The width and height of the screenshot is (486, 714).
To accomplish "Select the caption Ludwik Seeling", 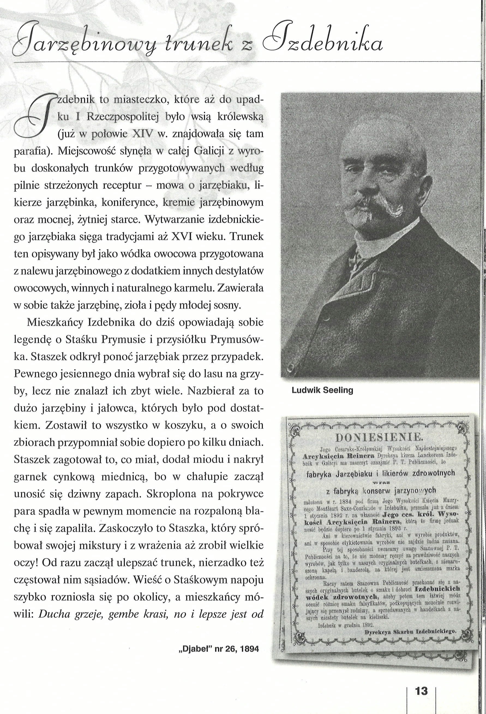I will coord(322,390).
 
